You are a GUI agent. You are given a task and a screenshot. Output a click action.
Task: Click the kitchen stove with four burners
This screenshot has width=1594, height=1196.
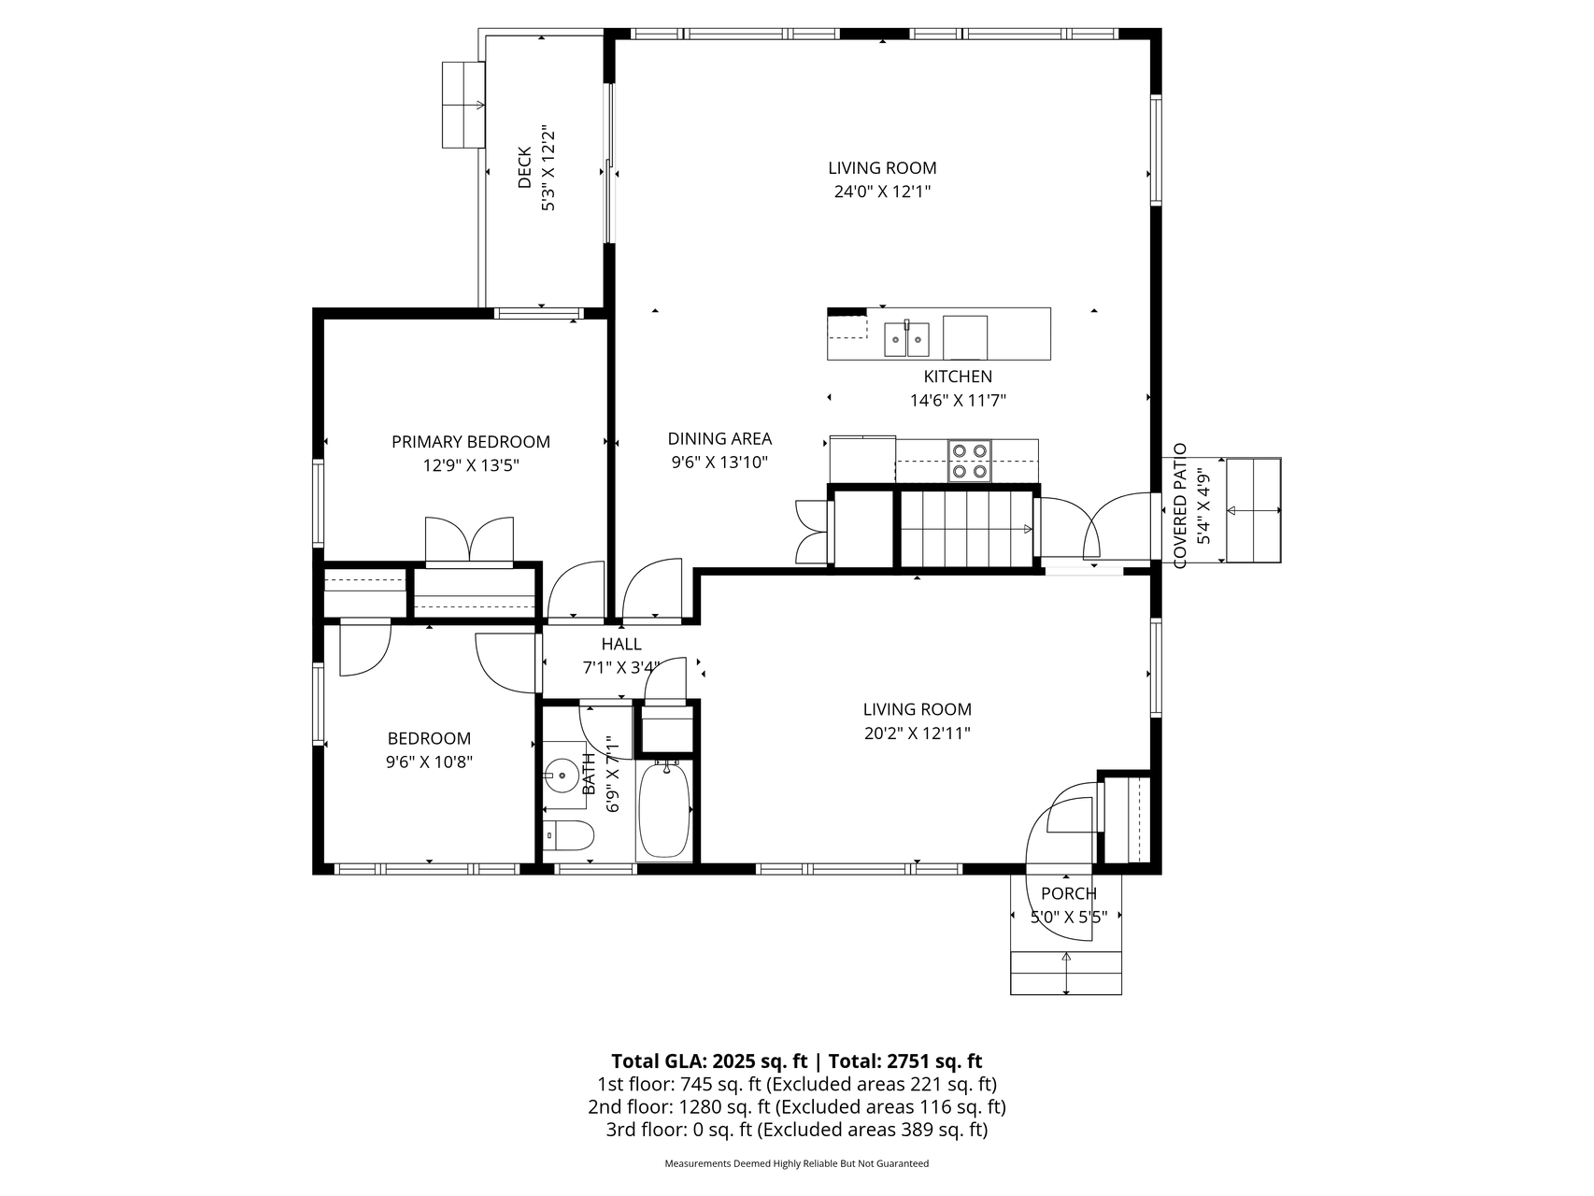click(969, 461)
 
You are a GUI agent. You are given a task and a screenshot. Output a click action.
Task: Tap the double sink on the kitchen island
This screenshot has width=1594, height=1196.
click(907, 337)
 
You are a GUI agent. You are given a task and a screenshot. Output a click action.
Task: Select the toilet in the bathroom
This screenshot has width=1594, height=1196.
click(568, 835)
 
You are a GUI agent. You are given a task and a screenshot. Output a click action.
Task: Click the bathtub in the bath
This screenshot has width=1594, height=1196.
click(664, 809)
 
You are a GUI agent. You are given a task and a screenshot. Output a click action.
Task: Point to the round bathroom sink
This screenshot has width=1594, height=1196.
click(563, 775)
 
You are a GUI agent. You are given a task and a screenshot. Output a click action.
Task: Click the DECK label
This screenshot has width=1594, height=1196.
click(524, 167)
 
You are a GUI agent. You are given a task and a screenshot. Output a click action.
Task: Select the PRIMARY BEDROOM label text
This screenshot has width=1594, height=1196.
click(471, 442)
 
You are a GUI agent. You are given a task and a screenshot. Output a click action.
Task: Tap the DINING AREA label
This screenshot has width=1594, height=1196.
click(719, 438)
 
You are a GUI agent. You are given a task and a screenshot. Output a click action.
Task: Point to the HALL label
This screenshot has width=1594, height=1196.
click(621, 644)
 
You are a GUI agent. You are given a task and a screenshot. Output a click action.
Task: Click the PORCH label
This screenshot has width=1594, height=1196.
click(1068, 893)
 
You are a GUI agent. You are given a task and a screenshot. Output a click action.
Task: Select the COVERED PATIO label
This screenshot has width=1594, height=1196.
click(1179, 505)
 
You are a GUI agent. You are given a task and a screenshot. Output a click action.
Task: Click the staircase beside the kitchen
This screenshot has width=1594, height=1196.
click(968, 530)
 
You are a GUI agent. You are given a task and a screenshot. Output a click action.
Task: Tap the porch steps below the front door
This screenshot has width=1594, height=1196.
click(1066, 974)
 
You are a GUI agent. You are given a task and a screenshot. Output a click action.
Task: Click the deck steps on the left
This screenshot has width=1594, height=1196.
click(463, 105)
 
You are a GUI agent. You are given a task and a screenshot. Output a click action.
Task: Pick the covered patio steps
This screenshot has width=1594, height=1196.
click(1253, 510)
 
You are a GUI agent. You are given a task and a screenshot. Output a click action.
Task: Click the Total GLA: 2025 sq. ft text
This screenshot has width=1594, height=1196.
click(710, 1061)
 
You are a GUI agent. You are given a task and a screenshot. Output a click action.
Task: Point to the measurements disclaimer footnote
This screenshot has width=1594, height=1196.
click(796, 1164)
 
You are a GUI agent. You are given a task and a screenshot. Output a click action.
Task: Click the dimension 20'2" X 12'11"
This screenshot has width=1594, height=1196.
click(917, 733)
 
